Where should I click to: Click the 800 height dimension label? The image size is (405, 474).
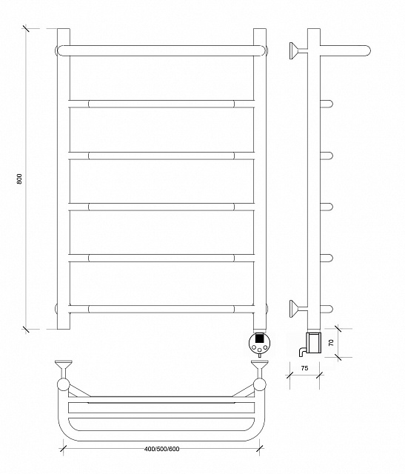point(20,179)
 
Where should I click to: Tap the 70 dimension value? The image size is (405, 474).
point(332,342)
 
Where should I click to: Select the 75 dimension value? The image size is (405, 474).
point(304,368)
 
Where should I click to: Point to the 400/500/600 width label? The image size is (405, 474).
point(161,449)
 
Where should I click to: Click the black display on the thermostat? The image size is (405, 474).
point(259,338)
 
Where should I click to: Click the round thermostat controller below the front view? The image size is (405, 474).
point(259,344)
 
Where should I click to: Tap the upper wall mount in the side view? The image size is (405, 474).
point(298,51)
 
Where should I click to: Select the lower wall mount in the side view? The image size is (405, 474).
point(298,309)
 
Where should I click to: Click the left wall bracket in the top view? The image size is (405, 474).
point(63,369)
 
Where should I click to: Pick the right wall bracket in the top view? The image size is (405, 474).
point(260,369)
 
